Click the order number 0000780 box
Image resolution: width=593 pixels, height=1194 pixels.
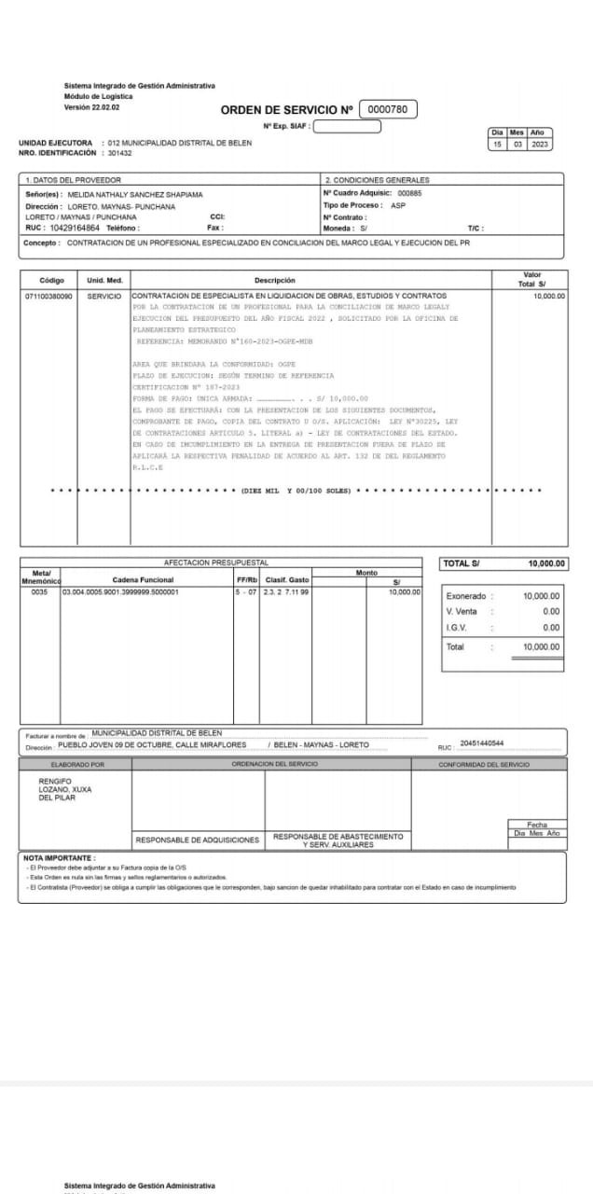coord(387,109)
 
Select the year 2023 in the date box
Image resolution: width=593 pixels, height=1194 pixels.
coord(541,145)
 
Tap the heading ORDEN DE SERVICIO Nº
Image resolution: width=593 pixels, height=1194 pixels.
coord(286,110)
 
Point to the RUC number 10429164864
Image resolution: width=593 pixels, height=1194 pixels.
coord(75,228)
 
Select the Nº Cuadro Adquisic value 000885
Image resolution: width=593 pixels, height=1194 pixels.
coord(409,193)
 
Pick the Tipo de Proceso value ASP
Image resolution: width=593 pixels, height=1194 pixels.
coord(398,205)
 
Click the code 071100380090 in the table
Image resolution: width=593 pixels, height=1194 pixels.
coord(48,296)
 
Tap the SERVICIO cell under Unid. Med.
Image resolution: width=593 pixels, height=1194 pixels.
coord(104,296)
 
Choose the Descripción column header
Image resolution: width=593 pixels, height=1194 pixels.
coord(274,280)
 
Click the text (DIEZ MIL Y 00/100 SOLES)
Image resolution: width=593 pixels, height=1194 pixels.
coord(296,490)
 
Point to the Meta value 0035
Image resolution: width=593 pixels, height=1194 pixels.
coord(39,591)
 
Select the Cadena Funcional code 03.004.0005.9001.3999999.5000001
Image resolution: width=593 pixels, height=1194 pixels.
coord(121,591)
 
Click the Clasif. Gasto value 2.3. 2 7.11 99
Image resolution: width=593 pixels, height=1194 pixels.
coord(287,591)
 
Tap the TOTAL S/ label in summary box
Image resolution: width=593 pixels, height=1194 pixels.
coord(462,563)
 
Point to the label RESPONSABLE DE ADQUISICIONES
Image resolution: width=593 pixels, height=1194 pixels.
coord(198,840)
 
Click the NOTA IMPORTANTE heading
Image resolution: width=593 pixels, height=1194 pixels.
coord(59,857)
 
